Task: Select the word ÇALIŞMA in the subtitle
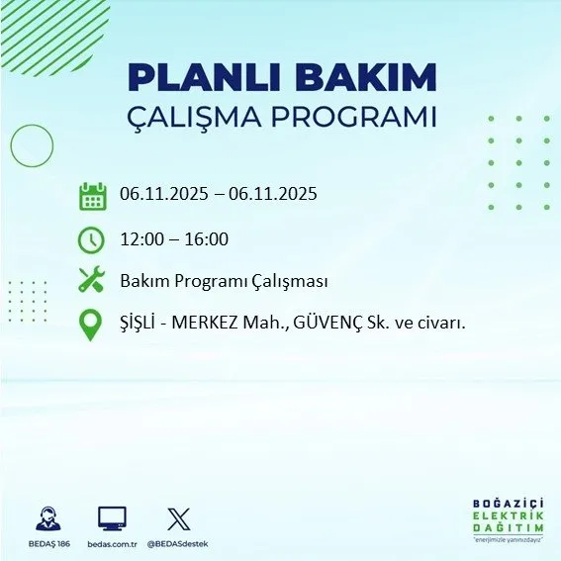click(x=206, y=116)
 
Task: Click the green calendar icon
click(x=92, y=196)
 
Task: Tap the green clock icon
click(x=91, y=239)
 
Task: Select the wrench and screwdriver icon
click(x=91, y=282)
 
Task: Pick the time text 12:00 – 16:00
click(x=174, y=239)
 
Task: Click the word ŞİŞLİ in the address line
click(x=140, y=324)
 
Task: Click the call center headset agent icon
click(x=48, y=518)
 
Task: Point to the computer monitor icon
click(x=112, y=518)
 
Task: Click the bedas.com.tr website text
click(x=112, y=544)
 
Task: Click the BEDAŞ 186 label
click(x=47, y=544)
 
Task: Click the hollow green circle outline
click(x=32, y=146)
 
